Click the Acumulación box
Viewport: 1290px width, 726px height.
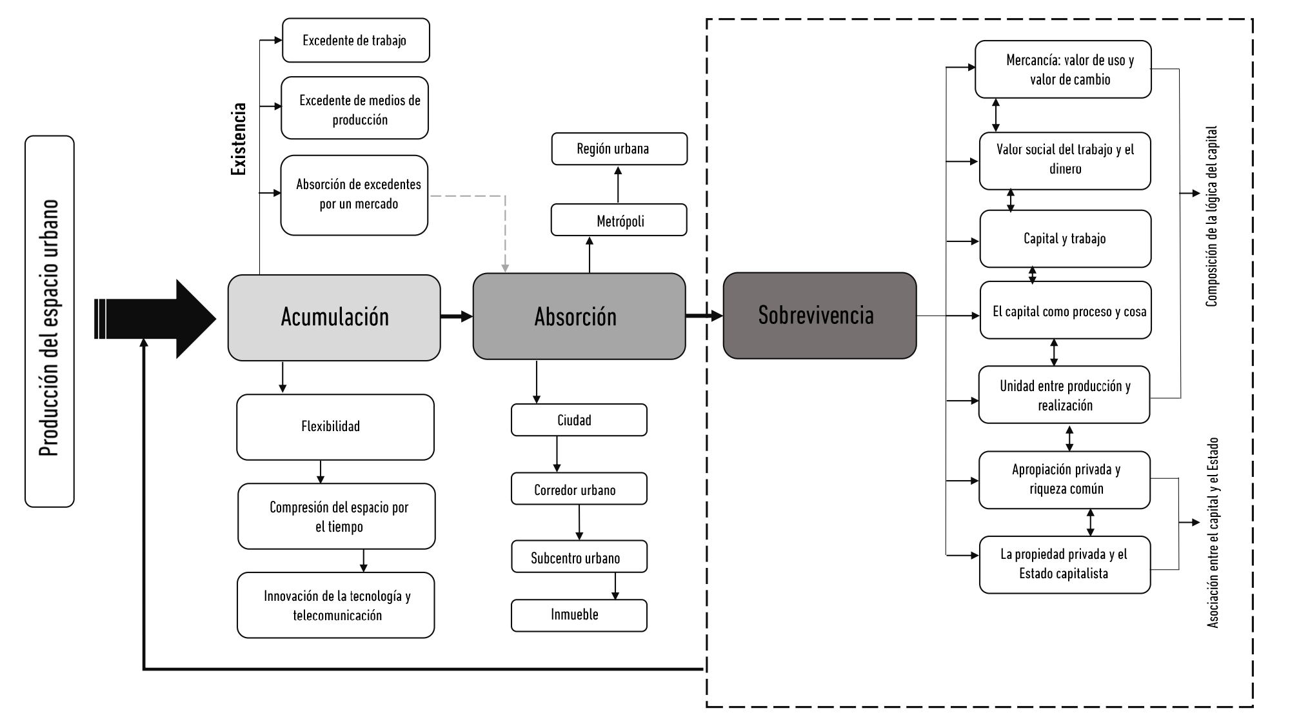334,318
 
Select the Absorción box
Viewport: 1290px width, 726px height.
579,316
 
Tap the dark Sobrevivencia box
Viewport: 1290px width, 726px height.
819,316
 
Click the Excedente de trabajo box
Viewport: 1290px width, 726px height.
355,41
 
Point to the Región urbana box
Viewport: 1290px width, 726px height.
619,149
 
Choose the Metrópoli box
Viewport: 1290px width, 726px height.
619,221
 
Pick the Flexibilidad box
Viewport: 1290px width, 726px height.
335,427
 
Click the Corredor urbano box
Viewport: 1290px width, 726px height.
579,489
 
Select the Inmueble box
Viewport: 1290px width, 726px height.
579,615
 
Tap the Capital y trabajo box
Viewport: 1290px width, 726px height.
1065,239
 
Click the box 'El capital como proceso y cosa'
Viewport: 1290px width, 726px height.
1065,310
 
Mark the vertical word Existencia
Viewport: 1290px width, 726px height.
239,139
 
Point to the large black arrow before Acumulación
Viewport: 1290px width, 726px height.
161,319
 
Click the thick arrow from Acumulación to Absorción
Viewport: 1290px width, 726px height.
457,316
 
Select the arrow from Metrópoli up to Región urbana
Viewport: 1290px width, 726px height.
618,185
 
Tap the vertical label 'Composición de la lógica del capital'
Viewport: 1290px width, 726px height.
1211,216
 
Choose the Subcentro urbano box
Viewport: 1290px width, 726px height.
579,557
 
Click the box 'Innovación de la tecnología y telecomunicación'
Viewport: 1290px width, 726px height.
335,605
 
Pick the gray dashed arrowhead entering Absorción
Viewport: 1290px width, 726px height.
505,267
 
